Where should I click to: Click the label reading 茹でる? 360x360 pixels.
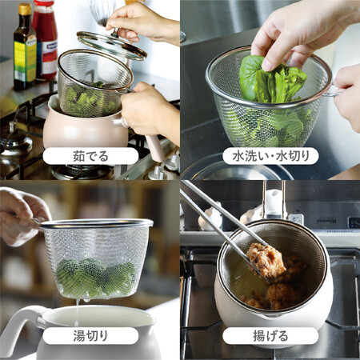(x=90, y=156)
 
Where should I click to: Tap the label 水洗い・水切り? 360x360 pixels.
(x=270, y=156)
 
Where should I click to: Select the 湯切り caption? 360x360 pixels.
(x=90, y=336)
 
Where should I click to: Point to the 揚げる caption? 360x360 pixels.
(x=270, y=336)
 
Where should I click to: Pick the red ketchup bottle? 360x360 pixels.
(x=46, y=40)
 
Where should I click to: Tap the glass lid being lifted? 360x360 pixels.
(x=112, y=45)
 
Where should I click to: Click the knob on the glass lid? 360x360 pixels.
(x=115, y=33)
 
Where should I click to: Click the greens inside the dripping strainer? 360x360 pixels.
(x=96, y=278)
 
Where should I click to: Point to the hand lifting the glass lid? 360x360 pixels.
(x=142, y=22)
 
